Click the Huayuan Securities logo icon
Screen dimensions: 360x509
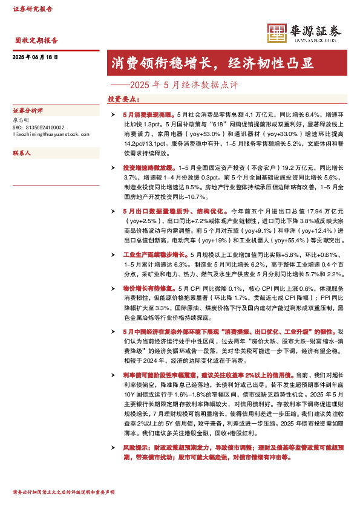coord(277,33)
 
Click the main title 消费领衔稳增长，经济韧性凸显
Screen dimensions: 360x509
coord(212,63)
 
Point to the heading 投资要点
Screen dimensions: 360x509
coord(123,99)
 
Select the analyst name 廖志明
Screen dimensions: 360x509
coord(21,120)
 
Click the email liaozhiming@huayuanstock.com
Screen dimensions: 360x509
coord(51,135)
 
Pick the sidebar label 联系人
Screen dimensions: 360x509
coord(22,154)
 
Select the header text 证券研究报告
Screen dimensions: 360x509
coord(33,9)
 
